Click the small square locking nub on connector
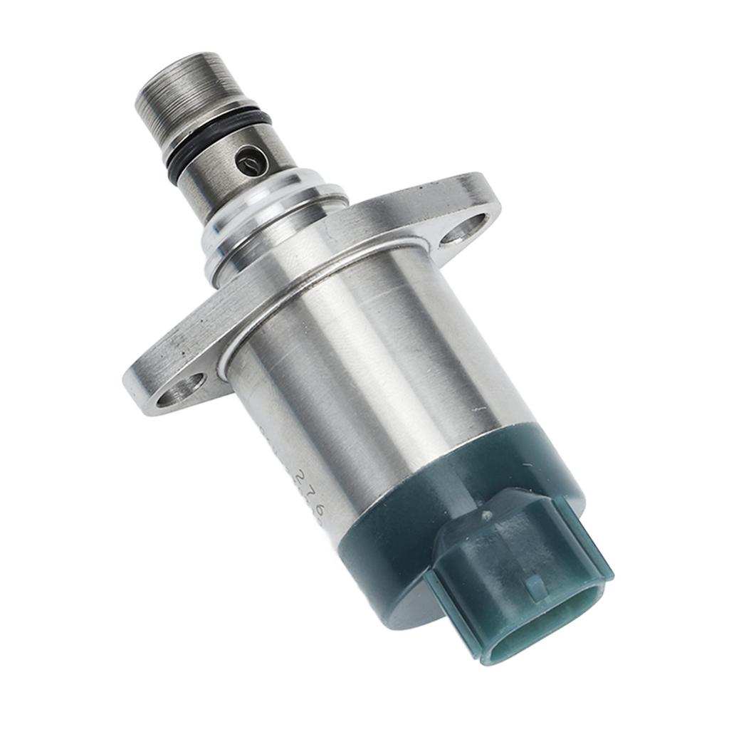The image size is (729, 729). [535, 585]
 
